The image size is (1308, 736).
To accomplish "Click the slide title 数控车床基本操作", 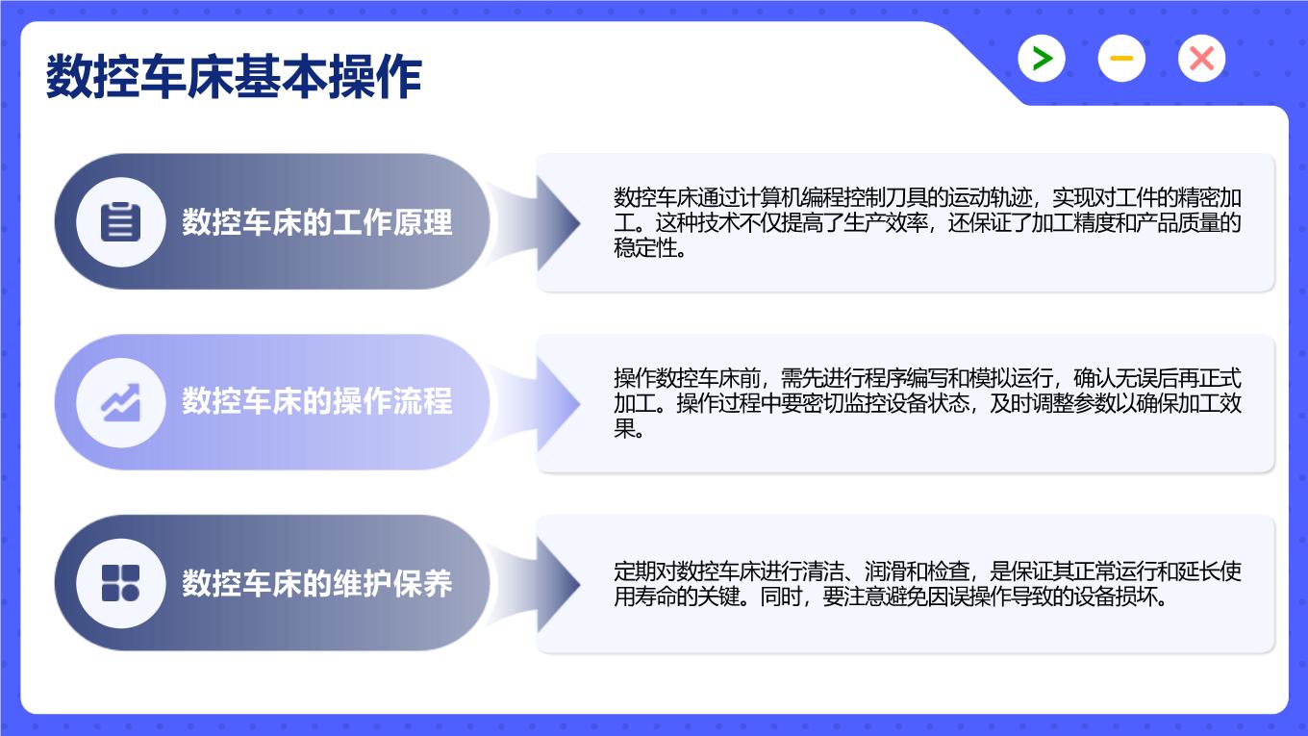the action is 234,76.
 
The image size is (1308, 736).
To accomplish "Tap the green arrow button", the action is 1042,59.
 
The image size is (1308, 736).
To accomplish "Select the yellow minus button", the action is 1121,59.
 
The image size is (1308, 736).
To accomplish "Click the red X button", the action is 1201,59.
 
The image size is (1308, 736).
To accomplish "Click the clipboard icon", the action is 121,222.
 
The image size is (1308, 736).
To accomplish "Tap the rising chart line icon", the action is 121,402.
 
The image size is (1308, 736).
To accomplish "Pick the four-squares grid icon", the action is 121,583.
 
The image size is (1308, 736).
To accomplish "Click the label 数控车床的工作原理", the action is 317,222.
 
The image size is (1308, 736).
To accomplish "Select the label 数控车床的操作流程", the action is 317,401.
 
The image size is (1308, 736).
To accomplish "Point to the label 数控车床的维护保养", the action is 317,583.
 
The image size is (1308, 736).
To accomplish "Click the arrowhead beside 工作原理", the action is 558,222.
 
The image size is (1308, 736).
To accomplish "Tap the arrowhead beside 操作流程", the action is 558,403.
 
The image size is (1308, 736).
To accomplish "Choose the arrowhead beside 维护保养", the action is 558,584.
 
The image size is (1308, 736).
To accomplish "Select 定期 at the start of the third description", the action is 634,571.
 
